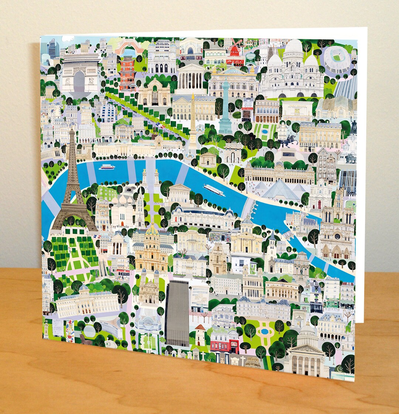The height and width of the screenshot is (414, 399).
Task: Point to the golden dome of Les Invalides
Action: point(152,231)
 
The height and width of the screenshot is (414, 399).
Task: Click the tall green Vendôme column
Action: point(225,107)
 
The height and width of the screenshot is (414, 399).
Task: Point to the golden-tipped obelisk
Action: point(193,118)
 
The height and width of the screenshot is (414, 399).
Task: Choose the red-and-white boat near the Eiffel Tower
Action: point(107,167)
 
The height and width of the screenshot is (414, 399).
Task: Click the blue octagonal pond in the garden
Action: point(265,330)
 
